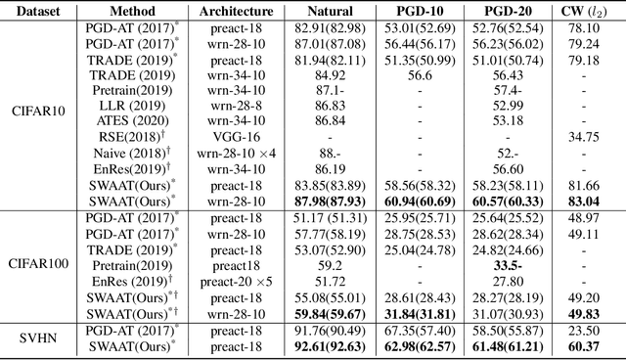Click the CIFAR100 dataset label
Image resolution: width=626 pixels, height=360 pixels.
click(x=37, y=262)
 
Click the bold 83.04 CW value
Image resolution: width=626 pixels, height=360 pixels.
click(x=588, y=201)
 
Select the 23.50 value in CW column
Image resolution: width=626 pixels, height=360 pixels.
click(x=588, y=331)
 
